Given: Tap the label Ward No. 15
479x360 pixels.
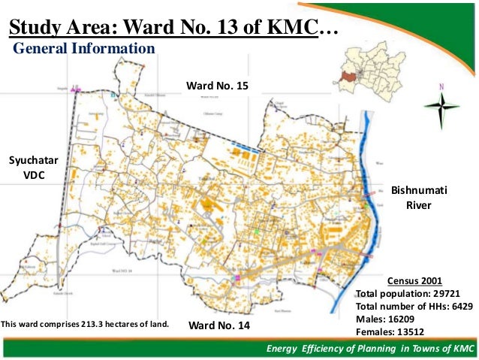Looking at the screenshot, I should (x=217, y=86).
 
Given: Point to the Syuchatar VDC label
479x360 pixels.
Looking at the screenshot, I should (x=28, y=167).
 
